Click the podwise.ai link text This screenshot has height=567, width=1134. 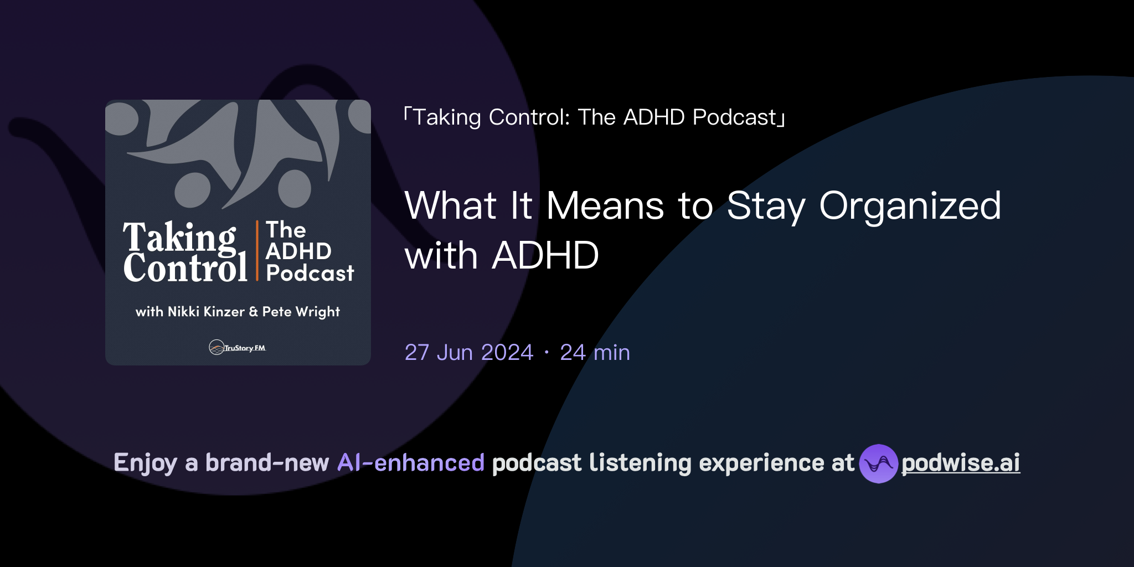click(960, 463)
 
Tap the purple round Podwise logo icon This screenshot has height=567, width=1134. click(878, 463)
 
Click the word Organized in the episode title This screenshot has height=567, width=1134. click(910, 206)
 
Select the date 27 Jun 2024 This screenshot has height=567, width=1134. click(468, 352)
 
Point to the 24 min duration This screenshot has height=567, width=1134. click(595, 352)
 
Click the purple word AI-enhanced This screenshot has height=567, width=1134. click(411, 463)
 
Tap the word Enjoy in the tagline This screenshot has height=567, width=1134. click(145, 463)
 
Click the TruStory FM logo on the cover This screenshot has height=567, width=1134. click(238, 347)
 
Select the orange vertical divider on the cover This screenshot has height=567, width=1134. click(257, 250)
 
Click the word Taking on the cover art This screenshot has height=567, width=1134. click(179, 237)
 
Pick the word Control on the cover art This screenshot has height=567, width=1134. click(185, 269)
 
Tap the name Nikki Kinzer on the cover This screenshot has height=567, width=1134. click(206, 312)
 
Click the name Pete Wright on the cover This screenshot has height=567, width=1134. click(301, 312)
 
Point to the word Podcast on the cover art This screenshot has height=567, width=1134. click(310, 273)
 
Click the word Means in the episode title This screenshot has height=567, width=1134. click(605, 206)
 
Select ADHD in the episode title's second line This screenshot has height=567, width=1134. click(545, 256)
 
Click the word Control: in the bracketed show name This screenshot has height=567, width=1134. click(529, 117)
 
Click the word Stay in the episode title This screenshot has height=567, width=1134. click(766, 206)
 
